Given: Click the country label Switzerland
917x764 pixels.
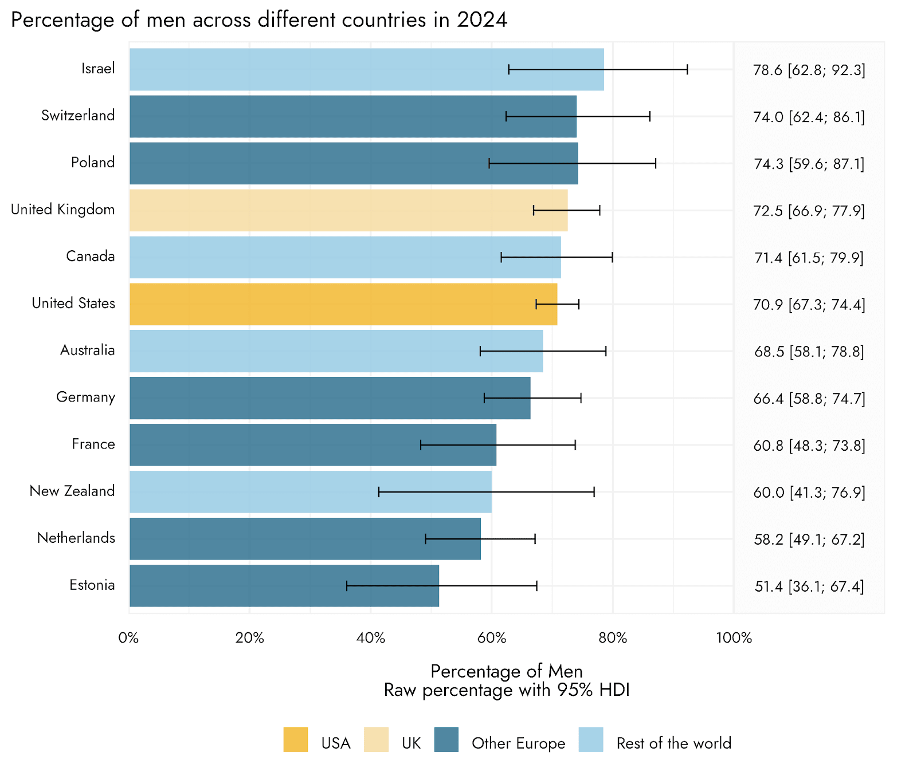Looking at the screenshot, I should pos(78,116).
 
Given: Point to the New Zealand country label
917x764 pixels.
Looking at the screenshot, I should pos(72,491).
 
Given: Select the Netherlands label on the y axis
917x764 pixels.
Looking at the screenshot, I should pos(76,538).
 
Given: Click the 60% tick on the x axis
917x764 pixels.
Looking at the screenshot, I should pos(492,638).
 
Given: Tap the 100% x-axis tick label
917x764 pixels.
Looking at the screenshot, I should pos(734,638).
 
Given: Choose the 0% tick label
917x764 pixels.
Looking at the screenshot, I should pos(129,638).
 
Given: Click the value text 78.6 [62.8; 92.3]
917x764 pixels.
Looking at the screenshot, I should pos(809,70).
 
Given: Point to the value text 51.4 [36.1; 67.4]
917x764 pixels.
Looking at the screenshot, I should pos(809,587).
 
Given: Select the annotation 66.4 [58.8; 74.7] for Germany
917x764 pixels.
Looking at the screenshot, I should pos(809,399).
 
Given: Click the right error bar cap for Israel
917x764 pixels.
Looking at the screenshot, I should pos(687,69).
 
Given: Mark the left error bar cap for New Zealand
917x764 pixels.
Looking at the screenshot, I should pos(379,492).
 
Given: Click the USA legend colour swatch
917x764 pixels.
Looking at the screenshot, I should pos(296,740).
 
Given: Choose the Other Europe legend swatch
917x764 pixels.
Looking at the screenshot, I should pos(446,740).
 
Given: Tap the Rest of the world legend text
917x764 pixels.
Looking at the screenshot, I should pos(673,743).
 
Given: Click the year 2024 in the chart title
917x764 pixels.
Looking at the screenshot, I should pos(482,20).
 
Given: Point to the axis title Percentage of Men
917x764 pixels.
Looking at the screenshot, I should pos(507,671).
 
